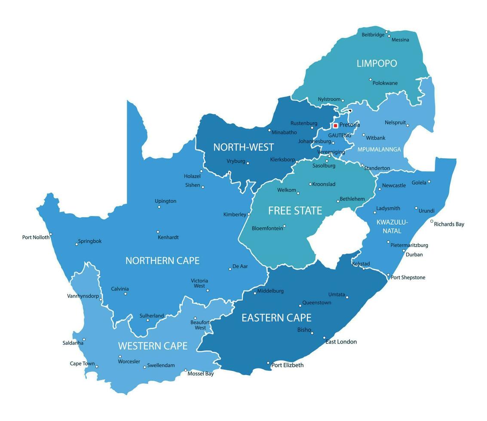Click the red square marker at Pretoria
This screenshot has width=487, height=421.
[335, 126]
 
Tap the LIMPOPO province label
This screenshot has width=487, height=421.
[377, 64]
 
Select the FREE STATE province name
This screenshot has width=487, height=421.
[295, 210]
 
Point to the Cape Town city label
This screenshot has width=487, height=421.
[82, 363]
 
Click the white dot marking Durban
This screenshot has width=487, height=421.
[404, 250]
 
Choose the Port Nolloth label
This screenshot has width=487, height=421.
[36, 237]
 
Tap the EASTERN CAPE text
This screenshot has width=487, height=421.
[276, 318]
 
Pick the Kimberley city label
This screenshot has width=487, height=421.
[235, 214]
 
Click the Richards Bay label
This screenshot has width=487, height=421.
[449, 224]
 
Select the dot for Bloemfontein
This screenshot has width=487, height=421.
[284, 226]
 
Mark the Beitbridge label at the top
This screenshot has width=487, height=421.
[373, 35]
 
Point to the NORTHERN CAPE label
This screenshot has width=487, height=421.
[162, 261]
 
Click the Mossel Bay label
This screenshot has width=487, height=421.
[200, 374]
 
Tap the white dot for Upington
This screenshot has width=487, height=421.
[159, 207]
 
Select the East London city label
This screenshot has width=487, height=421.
[341, 342]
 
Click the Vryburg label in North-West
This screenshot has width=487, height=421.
[236, 161]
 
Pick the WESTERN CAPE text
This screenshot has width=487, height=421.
[153, 346]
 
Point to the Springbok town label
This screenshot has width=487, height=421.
[90, 241]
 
